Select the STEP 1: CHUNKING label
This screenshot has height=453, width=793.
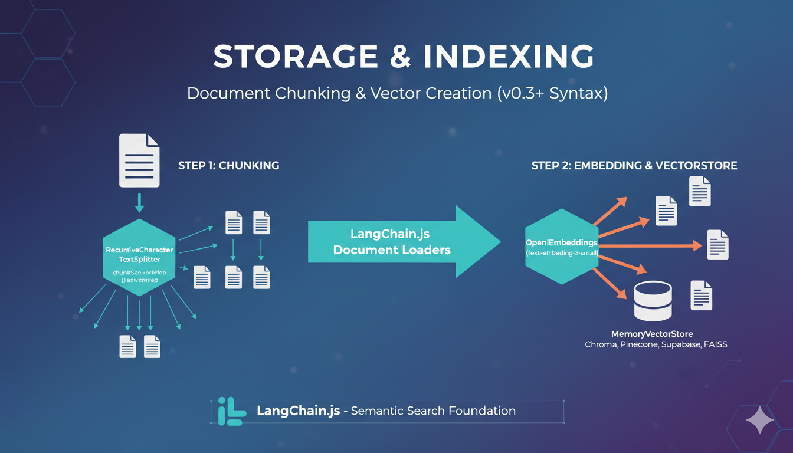click(x=228, y=166)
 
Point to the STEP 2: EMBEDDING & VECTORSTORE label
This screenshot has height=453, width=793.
click(x=634, y=166)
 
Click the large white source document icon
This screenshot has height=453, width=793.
click(x=139, y=160)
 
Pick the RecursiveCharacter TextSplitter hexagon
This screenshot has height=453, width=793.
click(x=139, y=257)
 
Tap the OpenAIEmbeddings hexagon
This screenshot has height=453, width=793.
click(x=562, y=247)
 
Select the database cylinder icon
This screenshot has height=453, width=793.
click(x=652, y=300)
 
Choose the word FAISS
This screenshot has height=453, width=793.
click(x=715, y=344)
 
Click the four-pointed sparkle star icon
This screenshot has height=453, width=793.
click(x=759, y=420)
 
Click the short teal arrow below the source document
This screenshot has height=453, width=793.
click(x=139, y=202)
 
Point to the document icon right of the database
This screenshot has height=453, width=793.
click(x=702, y=296)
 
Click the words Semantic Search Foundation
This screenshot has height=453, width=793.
click(x=433, y=411)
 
